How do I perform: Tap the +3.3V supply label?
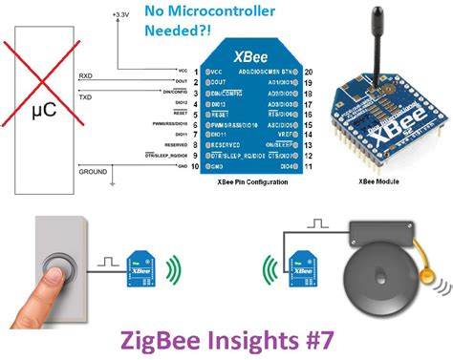122,16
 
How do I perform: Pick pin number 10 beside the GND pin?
196,166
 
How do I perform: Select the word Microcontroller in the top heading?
209,12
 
